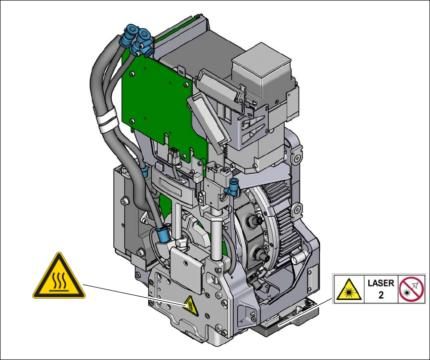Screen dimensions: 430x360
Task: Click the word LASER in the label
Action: coord(381,283)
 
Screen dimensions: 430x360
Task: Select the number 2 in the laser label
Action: coord(381,295)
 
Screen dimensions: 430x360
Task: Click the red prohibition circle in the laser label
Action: coord(411,289)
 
